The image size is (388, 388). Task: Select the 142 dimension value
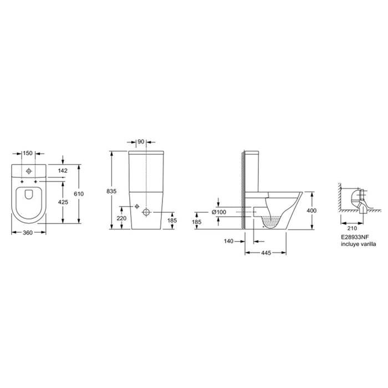click(63, 171)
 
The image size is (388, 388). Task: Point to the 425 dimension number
click(63, 202)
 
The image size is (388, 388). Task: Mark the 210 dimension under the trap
click(350, 226)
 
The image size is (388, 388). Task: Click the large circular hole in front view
click(146, 212)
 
